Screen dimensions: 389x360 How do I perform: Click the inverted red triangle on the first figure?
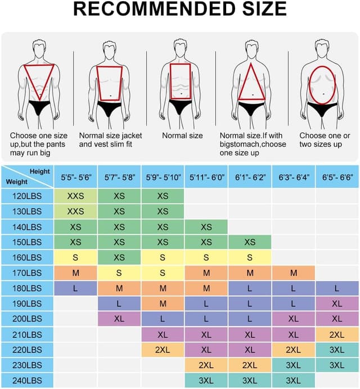point(39,79)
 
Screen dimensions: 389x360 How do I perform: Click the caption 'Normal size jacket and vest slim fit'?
point(110,140)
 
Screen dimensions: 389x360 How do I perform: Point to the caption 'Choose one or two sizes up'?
point(325,140)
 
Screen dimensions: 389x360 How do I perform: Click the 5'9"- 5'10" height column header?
point(163,177)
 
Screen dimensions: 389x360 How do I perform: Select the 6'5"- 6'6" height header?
point(337,177)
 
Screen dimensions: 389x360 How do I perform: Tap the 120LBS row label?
point(27,196)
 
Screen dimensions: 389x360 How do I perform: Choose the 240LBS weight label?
point(27,380)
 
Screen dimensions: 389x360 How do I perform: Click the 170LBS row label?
point(27,273)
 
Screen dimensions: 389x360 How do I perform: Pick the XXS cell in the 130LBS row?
point(75,211)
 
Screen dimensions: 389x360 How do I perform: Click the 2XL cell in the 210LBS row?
point(337,334)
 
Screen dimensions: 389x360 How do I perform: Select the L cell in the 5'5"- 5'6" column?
point(75,288)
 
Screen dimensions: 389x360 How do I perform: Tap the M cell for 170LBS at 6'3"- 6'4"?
point(294,273)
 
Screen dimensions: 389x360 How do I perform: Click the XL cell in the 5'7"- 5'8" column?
point(119,319)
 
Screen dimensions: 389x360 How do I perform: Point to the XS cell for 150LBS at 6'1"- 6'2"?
point(250,242)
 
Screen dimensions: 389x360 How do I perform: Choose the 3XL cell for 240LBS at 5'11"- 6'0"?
point(206,380)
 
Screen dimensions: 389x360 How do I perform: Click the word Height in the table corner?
point(40,171)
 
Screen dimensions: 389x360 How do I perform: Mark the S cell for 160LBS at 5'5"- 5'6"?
point(75,257)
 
